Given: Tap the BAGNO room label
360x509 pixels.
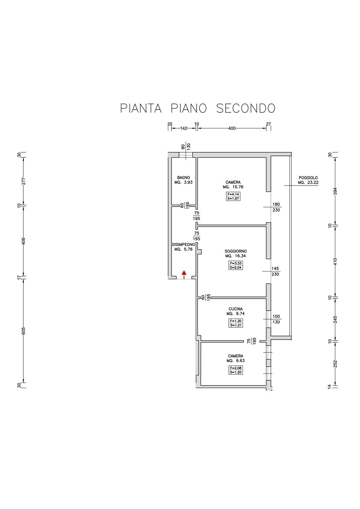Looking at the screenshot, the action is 184,177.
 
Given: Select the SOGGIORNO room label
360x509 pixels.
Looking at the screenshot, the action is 236,251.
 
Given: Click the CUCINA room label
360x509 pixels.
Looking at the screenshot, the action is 236,309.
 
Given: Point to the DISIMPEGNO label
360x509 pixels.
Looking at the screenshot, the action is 184,245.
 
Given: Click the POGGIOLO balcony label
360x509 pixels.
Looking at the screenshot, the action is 308,177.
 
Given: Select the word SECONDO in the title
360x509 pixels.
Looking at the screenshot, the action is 245,108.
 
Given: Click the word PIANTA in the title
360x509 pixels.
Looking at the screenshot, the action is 141,108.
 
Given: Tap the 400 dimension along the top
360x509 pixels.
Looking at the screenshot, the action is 232,128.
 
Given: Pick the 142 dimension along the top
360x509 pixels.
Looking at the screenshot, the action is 184,128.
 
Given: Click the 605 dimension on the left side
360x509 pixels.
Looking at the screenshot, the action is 24,330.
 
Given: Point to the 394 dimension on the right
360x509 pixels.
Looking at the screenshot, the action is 336,192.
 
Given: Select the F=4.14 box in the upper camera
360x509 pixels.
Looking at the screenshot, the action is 233,194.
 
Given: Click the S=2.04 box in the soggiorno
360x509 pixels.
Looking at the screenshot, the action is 236,268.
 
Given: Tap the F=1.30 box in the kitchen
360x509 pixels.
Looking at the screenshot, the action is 236,321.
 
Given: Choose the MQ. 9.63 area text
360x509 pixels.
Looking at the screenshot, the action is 236,361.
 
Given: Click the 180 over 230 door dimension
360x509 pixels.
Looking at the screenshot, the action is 276,207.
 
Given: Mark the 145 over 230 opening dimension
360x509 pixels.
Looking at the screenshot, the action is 275,271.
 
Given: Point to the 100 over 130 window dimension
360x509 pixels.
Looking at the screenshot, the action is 276,319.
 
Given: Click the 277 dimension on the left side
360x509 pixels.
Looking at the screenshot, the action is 24,181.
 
